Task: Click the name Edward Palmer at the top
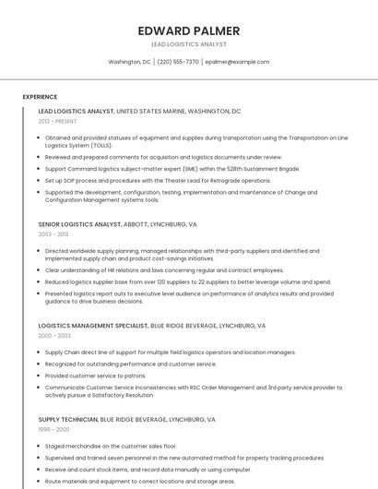(188, 30)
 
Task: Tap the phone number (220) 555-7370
(178, 62)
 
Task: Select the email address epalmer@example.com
(237, 62)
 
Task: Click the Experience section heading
(40, 97)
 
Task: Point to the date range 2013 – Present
(58, 121)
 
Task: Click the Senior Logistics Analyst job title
(80, 224)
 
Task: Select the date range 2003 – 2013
(53, 234)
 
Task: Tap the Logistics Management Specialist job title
(93, 326)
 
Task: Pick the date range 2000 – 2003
(53, 336)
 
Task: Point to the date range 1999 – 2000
(53, 429)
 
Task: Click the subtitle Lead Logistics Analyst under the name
(188, 44)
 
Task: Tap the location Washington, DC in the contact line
(129, 62)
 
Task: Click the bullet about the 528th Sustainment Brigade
(171, 169)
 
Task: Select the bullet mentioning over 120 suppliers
(187, 282)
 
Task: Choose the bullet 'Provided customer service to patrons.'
(95, 376)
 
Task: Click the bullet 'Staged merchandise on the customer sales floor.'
(111, 446)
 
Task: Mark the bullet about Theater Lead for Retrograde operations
(158, 181)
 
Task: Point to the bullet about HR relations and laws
(164, 270)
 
